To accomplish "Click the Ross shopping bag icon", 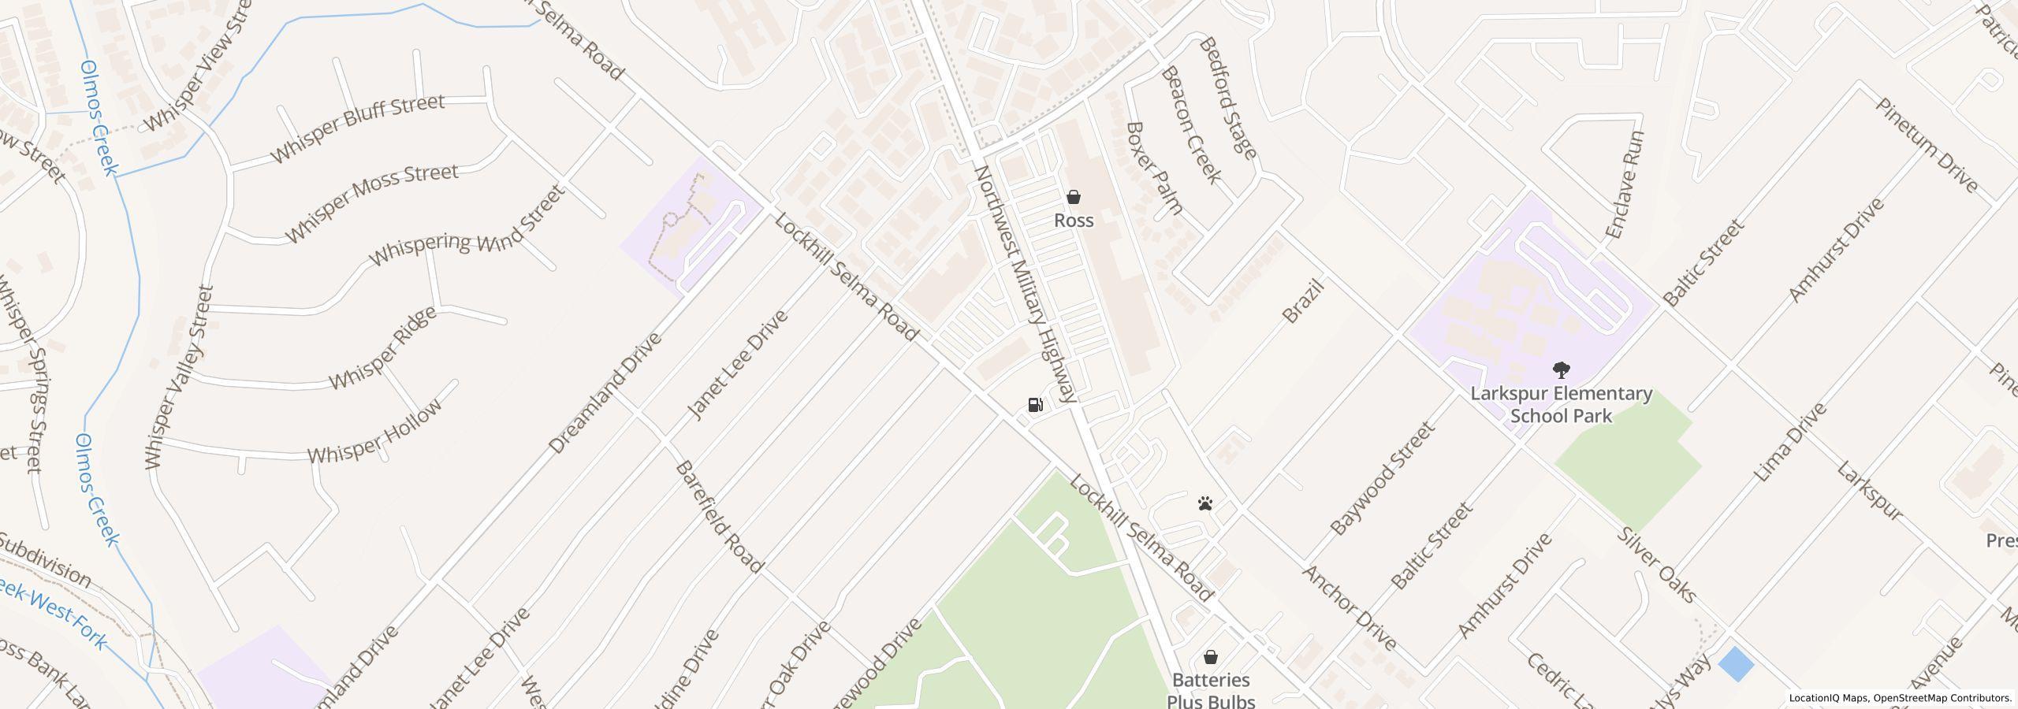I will [x=1073, y=197].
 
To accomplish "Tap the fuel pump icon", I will [x=1035, y=405].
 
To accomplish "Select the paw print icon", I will [x=1204, y=503].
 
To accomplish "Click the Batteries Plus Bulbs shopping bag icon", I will [x=1211, y=657].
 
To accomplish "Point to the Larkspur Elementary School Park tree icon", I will [x=1560, y=369].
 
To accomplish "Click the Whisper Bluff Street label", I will [x=359, y=129].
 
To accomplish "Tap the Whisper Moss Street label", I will [x=371, y=202].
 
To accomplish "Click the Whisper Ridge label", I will [x=382, y=347].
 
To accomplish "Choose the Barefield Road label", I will [x=720, y=517].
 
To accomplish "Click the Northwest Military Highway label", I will [x=1026, y=284].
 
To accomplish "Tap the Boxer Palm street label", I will [x=1155, y=168].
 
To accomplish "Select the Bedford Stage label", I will [x=1227, y=98].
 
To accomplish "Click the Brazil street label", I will [x=1302, y=301].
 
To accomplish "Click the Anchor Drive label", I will [x=1350, y=607].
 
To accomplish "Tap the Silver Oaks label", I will [x=1655, y=564].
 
